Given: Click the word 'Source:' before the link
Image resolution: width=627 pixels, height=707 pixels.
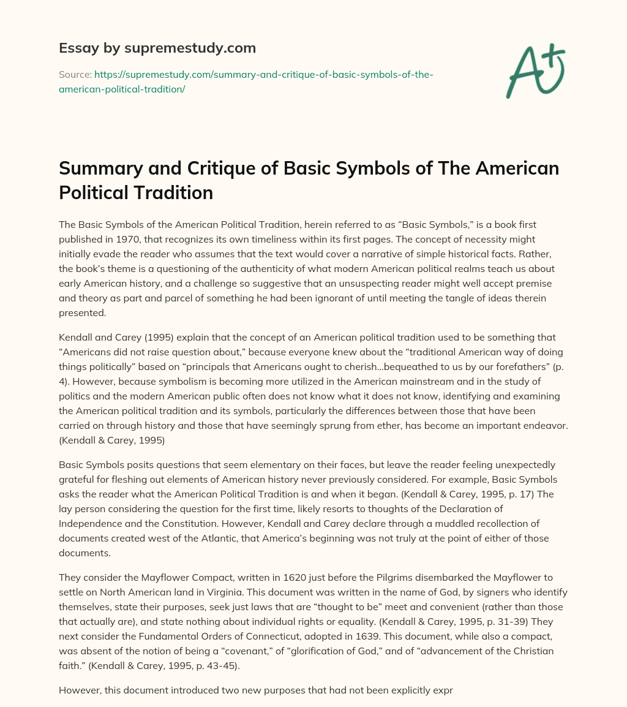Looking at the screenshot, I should pyautogui.click(x=75, y=75).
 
